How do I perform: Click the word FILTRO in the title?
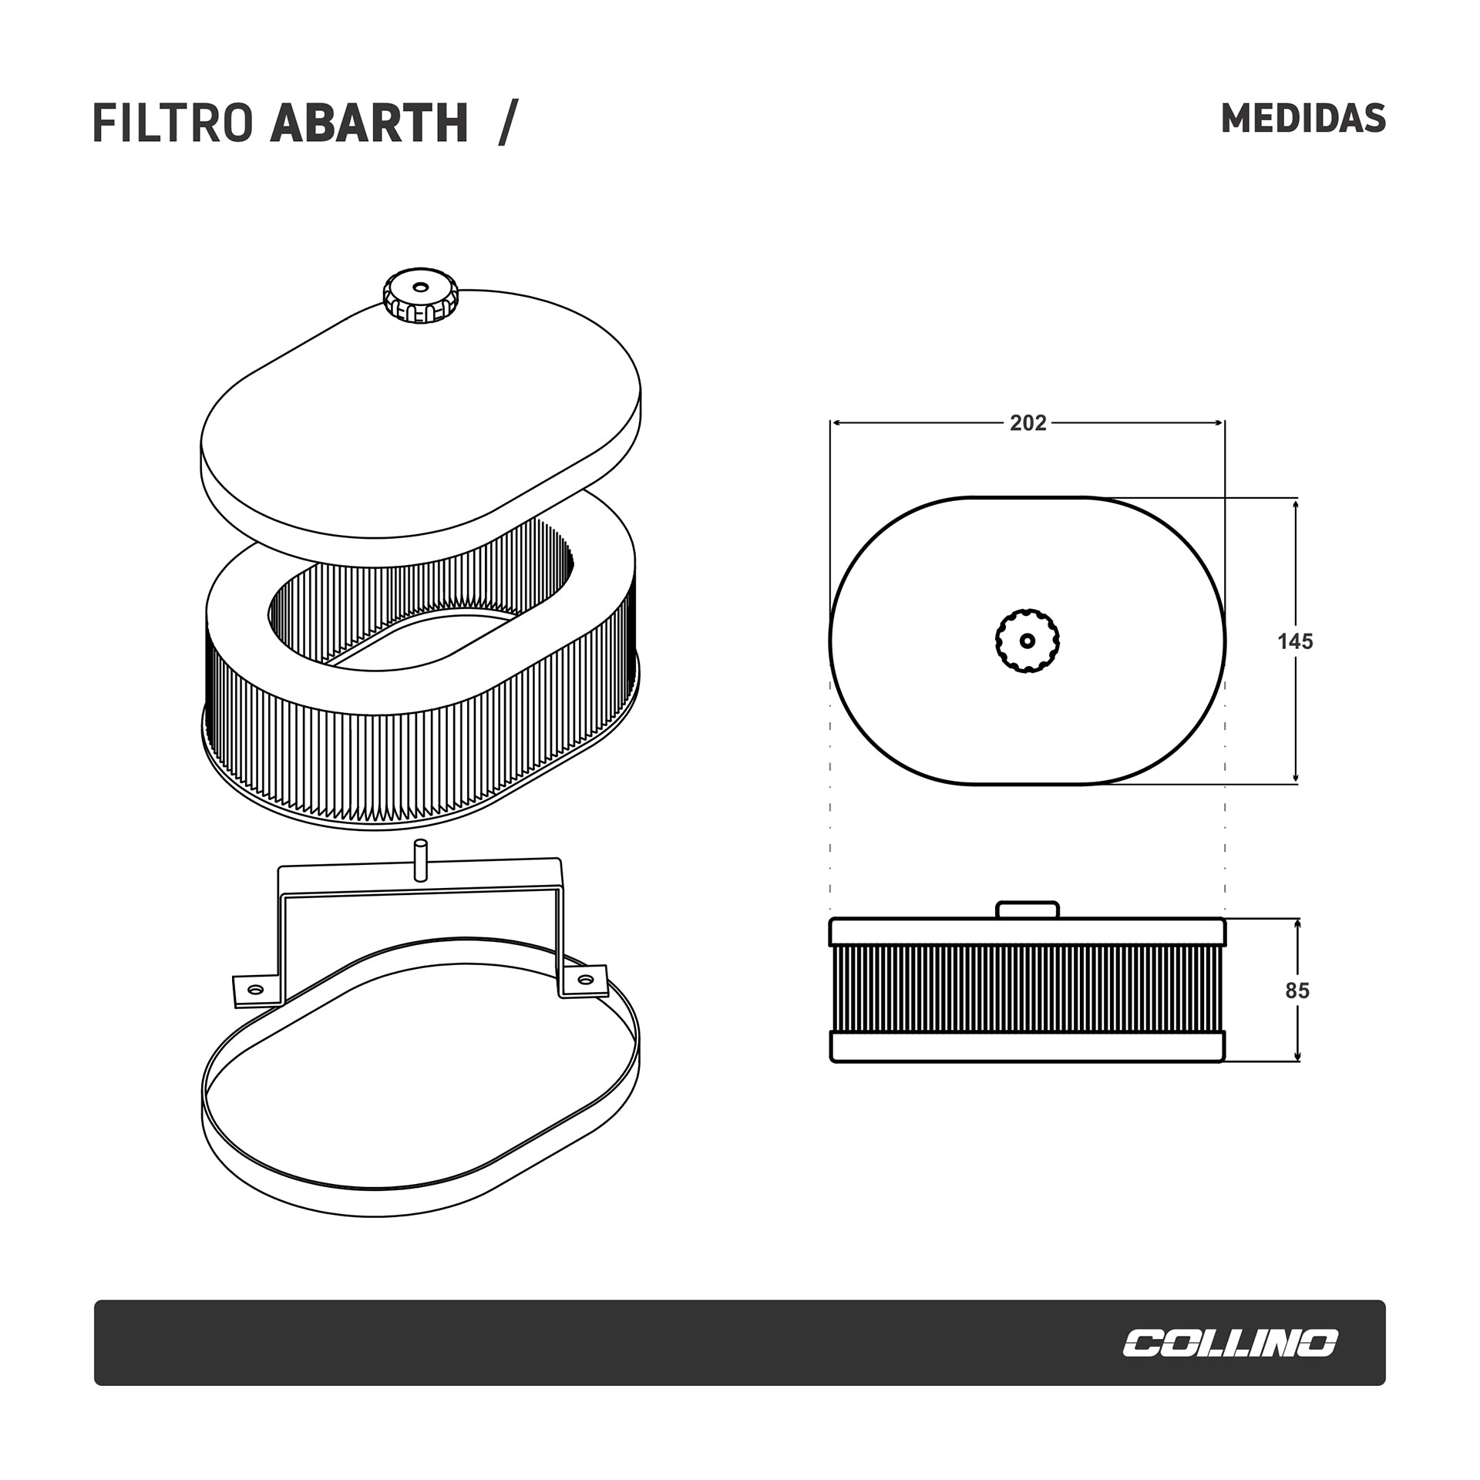(x=173, y=123)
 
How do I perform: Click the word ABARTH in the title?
(x=369, y=123)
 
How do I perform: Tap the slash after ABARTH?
(x=505, y=123)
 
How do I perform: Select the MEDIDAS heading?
(x=1303, y=119)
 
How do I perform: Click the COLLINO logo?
(x=1229, y=1344)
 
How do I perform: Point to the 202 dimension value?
(x=1028, y=423)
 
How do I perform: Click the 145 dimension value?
(x=1295, y=641)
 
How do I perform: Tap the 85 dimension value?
(x=1297, y=991)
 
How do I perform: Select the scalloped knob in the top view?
(x=1028, y=641)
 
